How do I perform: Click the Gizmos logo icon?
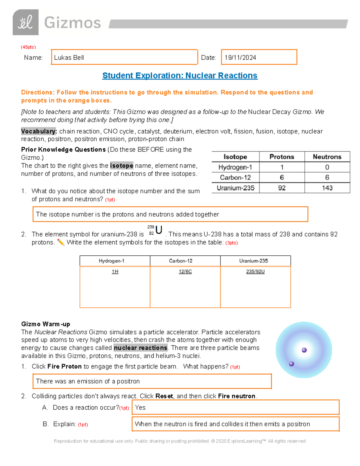25,22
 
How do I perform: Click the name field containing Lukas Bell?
124,57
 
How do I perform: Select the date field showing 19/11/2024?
259,57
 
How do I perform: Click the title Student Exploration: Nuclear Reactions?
180,76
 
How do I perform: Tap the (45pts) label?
28,47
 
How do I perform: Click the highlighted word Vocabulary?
39,131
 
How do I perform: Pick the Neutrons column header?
327,157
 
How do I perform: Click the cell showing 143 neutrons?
327,188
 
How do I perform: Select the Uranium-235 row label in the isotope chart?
235,188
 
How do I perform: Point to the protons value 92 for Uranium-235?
282,188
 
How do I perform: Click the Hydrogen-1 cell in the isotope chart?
235,167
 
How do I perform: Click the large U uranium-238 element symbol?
159,230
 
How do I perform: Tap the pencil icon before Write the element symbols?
61,242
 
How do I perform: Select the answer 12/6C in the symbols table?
185,272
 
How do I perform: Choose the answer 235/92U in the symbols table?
255,272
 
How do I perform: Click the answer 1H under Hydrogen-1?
115,272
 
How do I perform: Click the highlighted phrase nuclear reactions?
141,348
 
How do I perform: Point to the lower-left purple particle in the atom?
291,364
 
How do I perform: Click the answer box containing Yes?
235,407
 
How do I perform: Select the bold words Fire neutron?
237,396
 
